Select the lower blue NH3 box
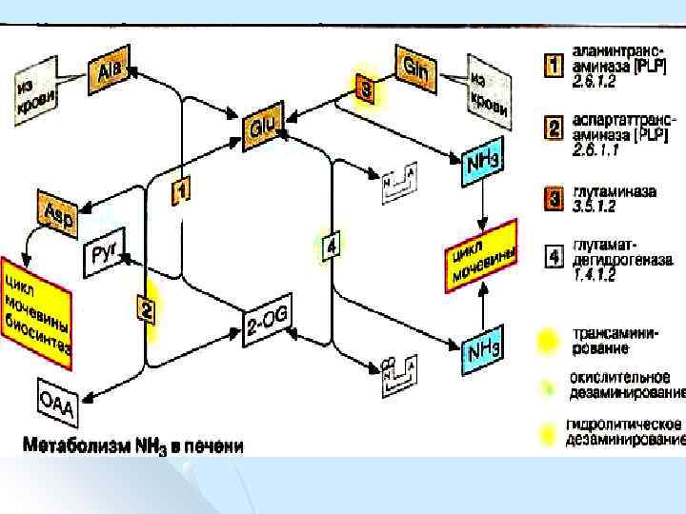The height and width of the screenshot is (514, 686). [x=480, y=351]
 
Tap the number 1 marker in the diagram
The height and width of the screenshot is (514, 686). [x=181, y=191]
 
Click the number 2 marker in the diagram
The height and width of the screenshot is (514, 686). [x=145, y=308]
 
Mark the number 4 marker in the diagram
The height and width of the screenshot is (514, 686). [x=331, y=246]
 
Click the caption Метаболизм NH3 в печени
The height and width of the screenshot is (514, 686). [x=132, y=444]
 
